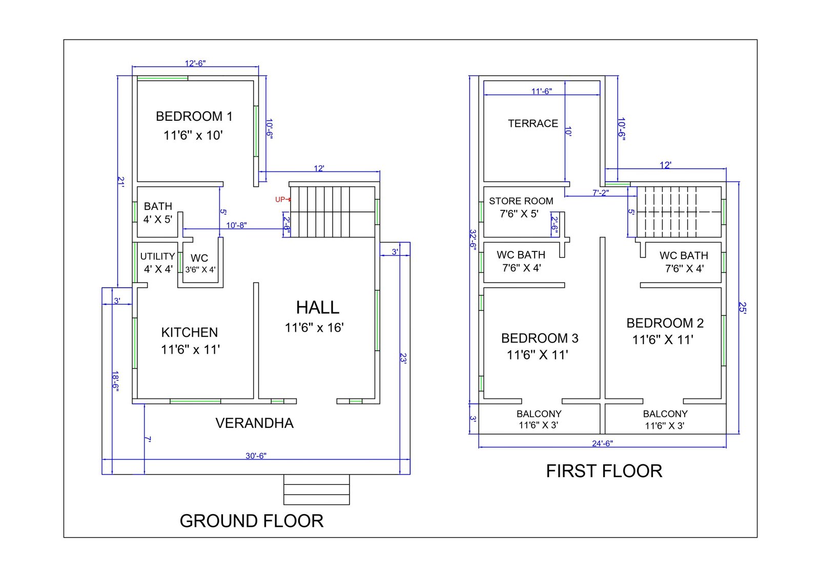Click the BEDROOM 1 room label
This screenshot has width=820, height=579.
pyautogui.click(x=194, y=116)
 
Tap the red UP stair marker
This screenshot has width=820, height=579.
pyautogui.click(x=282, y=199)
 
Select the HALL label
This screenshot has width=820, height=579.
pyautogui.click(x=317, y=307)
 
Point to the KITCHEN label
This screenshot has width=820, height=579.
pyautogui.click(x=189, y=332)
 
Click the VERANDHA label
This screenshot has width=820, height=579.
pyautogui.click(x=254, y=423)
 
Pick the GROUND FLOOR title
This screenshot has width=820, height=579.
pyautogui.click(x=252, y=521)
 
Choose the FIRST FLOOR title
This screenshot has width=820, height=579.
pyautogui.click(x=604, y=471)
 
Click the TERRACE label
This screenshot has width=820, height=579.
pyautogui.click(x=532, y=123)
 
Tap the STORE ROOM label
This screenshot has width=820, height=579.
pyautogui.click(x=521, y=201)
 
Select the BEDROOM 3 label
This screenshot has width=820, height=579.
pyautogui.click(x=540, y=338)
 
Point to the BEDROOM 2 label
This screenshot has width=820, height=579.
pyautogui.click(x=665, y=323)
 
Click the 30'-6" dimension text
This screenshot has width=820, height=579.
pyautogui.click(x=256, y=456)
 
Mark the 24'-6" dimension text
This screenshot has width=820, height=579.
pyautogui.click(x=602, y=443)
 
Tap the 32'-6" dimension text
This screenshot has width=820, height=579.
pyautogui.click(x=473, y=240)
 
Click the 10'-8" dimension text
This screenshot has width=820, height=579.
pyautogui.click(x=236, y=225)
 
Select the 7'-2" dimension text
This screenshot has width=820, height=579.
pyautogui.click(x=601, y=192)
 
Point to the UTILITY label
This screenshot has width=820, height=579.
pyautogui.click(x=157, y=256)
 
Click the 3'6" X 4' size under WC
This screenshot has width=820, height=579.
pyautogui.click(x=200, y=270)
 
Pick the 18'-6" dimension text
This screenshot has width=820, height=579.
pyautogui.click(x=115, y=381)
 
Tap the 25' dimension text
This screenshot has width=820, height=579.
pyautogui.click(x=742, y=307)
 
